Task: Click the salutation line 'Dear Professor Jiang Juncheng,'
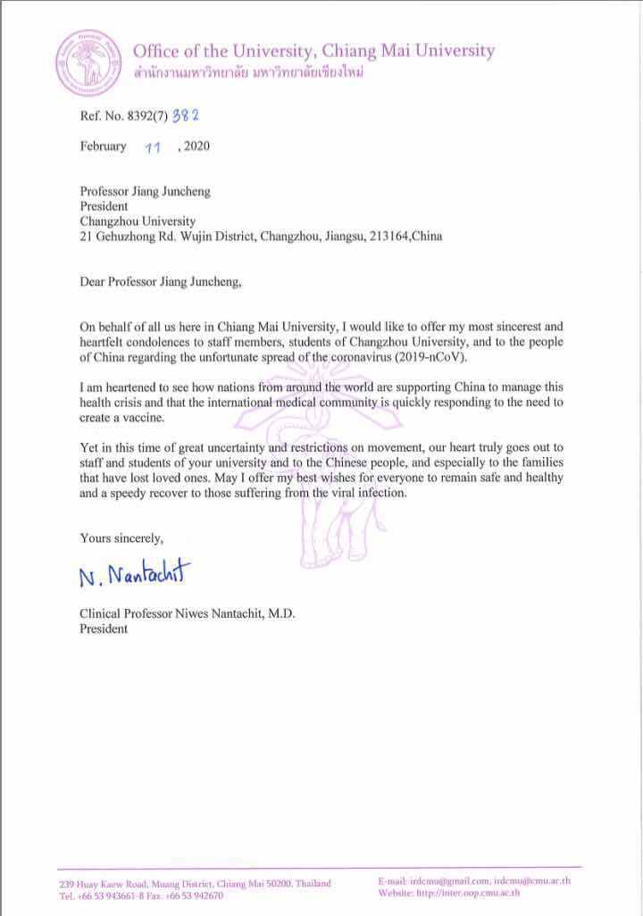pyautogui.click(x=161, y=283)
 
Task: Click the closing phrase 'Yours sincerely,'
pyautogui.click(x=121, y=537)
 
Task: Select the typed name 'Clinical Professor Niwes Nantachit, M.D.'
pyautogui.click(x=187, y=613)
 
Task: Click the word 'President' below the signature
pyautogui.click(x=104, y=629)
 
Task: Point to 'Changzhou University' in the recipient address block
pyautogui.click(x=138, y=221)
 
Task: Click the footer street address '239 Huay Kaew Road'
pyautogui.click(x=104, y=883)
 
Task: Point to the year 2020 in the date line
pyautogui.click(x=197, y=147)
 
